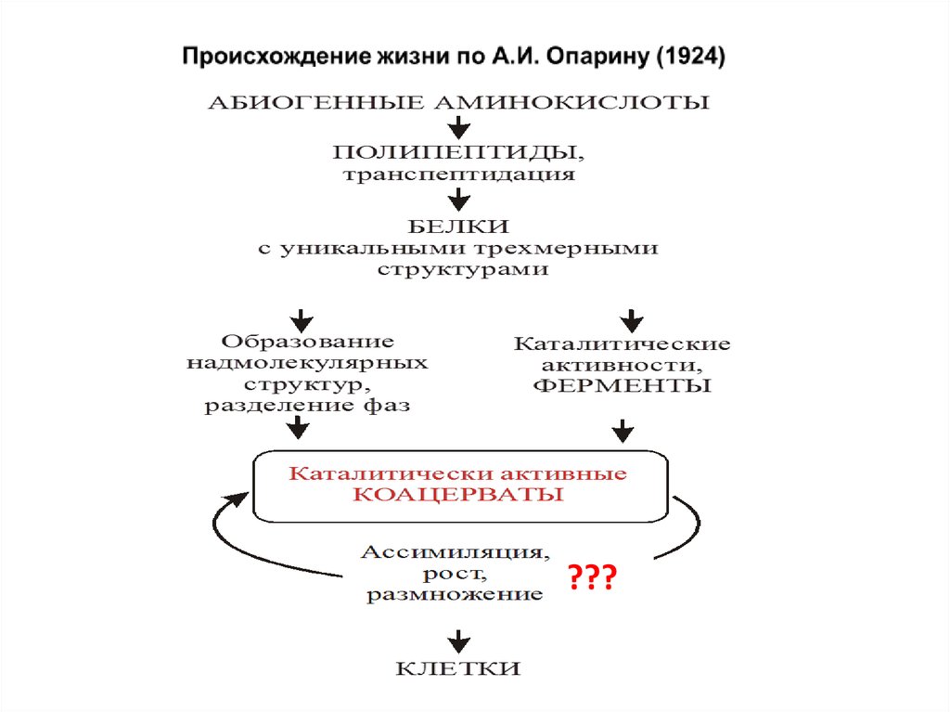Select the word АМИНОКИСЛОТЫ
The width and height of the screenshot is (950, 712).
571,102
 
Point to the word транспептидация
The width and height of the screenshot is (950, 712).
458,174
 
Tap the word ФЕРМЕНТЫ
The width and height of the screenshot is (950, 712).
622,385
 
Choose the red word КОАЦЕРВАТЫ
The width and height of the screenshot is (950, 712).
458,495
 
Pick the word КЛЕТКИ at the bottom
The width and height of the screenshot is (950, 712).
458,668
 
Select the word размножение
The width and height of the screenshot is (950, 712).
454,595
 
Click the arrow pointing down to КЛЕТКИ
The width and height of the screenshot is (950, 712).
458,640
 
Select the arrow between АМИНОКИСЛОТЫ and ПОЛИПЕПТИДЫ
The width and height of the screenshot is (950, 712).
458,126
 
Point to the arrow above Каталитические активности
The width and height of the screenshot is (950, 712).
632,319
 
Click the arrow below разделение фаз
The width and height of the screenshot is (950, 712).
297,427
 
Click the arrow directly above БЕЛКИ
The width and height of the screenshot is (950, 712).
458,199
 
